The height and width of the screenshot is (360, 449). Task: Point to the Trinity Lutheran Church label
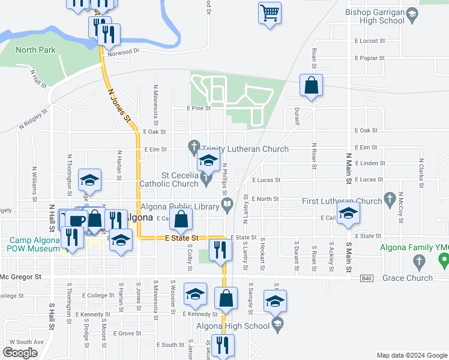coord(245,149)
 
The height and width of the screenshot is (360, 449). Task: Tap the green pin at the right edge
coord(444,259)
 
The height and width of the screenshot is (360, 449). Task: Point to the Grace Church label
coord(408,278)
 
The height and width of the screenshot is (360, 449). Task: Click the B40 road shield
coord(367,278)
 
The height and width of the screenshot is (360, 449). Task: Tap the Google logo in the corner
coord(20,353)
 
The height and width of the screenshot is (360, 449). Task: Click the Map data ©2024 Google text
coord(411,355)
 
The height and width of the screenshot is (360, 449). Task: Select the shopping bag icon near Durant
coord(312,86)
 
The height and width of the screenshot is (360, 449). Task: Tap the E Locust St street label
coord(369,41)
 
